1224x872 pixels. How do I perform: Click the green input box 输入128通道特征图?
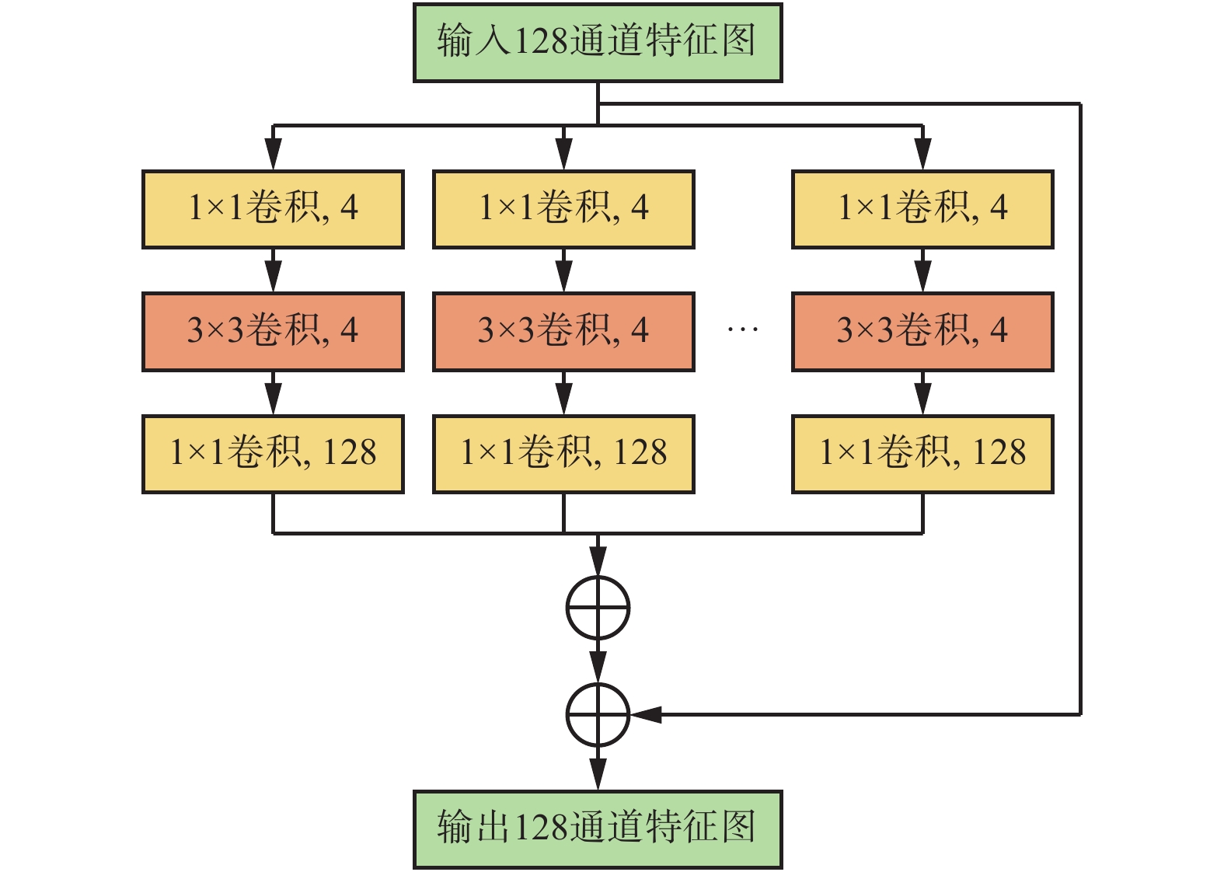coord(597,43)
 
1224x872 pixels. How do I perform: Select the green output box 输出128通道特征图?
coord(597,828)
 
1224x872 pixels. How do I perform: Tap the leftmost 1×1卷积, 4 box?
coord(273,209)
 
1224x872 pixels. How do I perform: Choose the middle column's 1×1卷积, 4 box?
coord(563,209)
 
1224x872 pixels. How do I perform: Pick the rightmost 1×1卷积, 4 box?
coord(922,209)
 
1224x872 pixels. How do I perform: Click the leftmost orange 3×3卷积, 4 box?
coord(273,332)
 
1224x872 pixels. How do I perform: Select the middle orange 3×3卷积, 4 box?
coord(563,332)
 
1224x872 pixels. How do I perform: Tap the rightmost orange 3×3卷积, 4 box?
coord(922,332)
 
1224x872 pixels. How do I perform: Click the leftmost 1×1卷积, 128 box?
coord(273,454)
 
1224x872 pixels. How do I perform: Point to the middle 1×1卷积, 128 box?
coord(563,454)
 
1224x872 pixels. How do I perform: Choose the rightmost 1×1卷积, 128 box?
coord(922,454)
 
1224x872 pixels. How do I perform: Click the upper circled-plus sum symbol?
coord(598,608)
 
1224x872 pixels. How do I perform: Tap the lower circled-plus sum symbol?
coord(598,714)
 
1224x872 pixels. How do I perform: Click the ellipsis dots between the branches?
coord(742,330)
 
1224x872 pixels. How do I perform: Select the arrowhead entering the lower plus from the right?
coord(646,714)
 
